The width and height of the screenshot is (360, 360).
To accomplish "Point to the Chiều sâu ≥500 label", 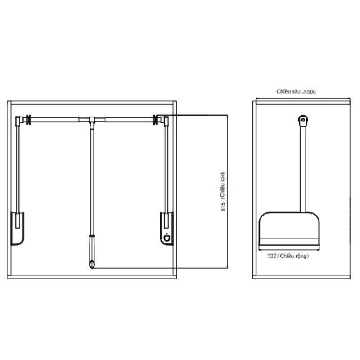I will (296, 91).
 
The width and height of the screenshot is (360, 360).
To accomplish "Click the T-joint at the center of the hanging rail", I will (92, 120).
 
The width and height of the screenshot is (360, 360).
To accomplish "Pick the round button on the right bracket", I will (168, 238).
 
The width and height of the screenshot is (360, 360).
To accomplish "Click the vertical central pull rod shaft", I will (92, 180).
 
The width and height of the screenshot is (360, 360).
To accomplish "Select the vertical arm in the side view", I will (303, 171).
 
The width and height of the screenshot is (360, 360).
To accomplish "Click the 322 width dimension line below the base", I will (289, 249).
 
